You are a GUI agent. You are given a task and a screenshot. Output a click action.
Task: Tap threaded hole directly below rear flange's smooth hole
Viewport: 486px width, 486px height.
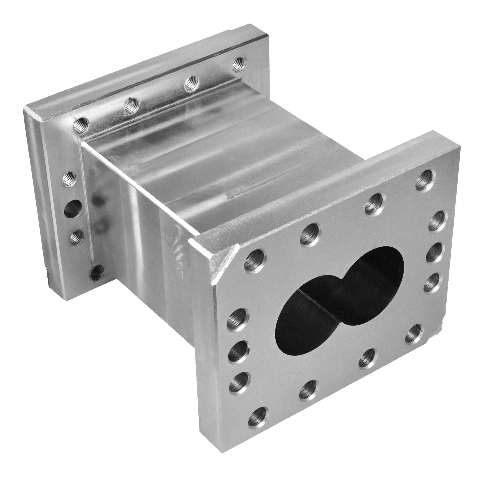[76, 236]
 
